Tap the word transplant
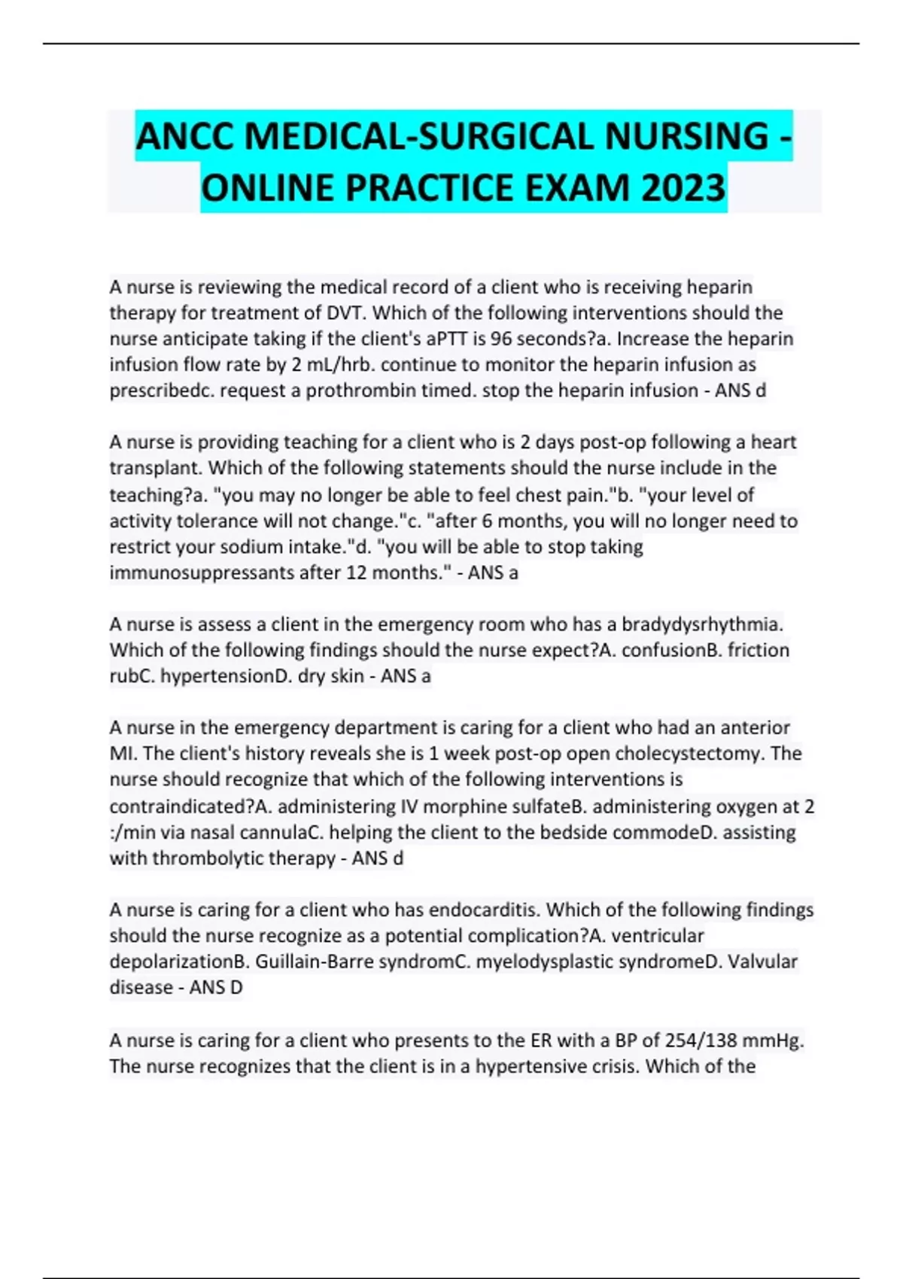pos(154,468)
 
